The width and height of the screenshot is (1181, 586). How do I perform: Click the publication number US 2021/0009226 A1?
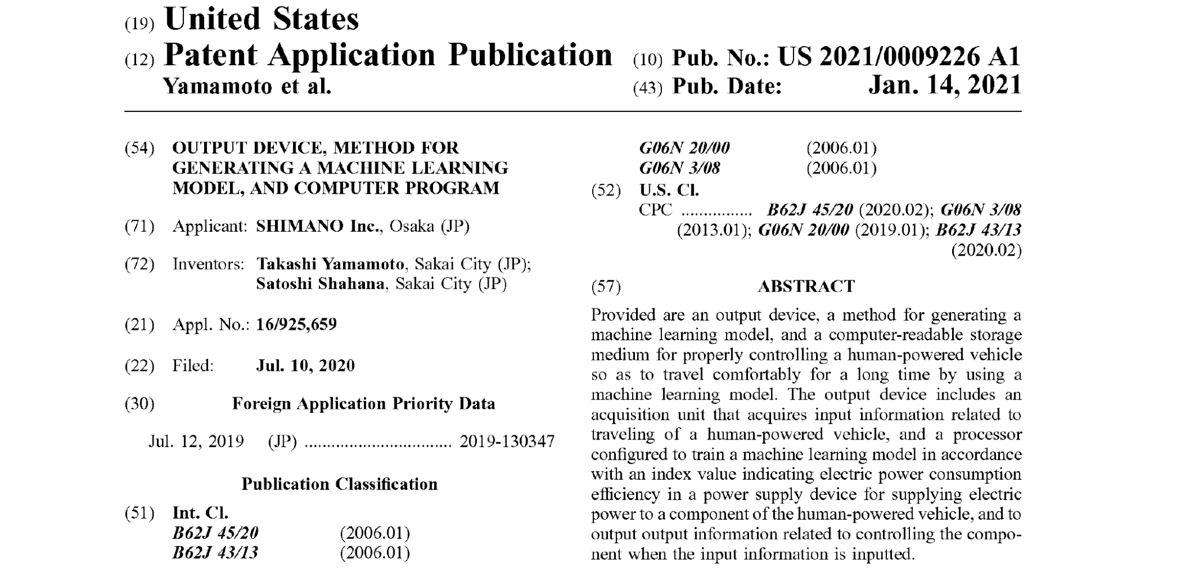pos(899,57)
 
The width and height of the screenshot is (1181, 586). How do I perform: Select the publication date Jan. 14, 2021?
pos(945,85)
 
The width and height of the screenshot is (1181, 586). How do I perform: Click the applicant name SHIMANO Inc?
pos(319,226)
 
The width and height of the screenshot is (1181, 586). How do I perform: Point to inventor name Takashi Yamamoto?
pos(330,264)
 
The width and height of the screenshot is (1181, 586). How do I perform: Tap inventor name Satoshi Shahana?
pos(320,284)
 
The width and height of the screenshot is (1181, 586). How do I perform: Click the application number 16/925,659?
pos(296,325)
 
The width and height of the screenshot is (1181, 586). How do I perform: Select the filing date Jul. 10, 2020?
pos(305,366)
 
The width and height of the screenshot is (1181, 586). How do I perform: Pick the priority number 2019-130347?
pos(507,442)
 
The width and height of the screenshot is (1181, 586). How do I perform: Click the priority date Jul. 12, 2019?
pos(196,442)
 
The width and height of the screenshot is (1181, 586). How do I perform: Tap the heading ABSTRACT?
pos(806,287)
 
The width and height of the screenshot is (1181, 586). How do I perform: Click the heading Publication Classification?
pos(339,484)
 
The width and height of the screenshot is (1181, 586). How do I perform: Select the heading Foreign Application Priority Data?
pos(363,404)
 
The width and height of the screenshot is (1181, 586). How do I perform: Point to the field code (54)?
pos(140,148)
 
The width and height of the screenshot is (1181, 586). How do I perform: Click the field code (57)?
pos(606,287)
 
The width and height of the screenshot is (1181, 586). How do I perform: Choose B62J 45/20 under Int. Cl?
pos(215,533)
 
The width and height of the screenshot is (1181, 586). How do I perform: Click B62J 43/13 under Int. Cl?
pos(215,553)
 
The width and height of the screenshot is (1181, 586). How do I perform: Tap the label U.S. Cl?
pos(669,190)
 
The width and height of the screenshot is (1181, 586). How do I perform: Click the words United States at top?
pos(262,20)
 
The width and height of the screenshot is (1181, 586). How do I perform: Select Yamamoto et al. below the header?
pos(247,87)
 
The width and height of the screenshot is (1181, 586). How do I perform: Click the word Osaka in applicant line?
pos(412,226)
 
